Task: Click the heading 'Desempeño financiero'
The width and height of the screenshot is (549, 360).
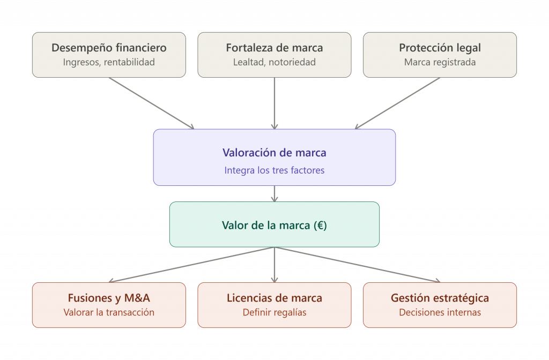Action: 109,48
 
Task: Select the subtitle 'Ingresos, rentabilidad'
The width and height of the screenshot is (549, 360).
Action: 109,62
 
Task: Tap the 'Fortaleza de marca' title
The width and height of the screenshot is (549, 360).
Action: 274,48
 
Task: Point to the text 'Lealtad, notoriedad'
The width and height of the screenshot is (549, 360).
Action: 274,62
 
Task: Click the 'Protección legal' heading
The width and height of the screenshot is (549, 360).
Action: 440,48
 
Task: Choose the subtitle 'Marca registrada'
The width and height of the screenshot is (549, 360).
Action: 440,62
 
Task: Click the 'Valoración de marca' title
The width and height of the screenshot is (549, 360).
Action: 274,153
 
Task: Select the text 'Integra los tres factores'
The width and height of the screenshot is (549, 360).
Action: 274,170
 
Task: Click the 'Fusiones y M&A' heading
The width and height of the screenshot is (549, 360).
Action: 109,298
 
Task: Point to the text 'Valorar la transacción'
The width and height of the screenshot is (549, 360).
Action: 109,312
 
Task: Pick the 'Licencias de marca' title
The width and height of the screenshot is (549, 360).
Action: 274,298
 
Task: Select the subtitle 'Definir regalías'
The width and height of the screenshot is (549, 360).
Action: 274,312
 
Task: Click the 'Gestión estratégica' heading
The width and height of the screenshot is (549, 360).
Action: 440,298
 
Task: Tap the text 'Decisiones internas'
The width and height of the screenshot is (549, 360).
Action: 440,312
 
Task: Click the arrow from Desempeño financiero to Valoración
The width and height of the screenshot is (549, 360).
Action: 151,103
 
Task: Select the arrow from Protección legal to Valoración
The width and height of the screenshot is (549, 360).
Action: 397,103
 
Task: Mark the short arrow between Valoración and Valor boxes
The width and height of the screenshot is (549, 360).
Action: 274,193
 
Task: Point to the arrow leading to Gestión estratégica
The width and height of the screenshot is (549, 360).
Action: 357,265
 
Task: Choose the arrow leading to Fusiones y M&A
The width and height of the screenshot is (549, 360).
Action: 191,265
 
